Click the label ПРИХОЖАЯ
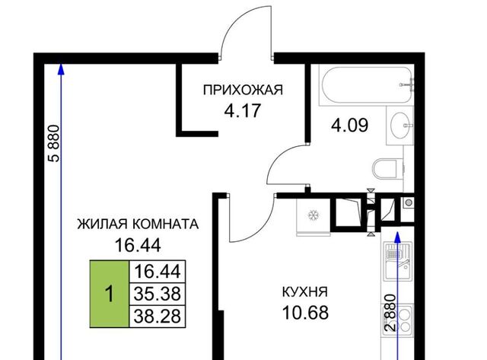click(243, 90)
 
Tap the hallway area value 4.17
click(242, 110)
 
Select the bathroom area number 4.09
click(350, 126)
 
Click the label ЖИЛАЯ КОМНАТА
click(138, 224)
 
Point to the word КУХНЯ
click(305, 292)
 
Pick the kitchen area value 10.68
click(305, 313)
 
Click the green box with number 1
click(110, 294)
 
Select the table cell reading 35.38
click(158, 294)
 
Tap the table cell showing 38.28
click(158, 316)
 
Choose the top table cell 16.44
click(158, 272)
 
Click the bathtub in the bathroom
click(367, 85)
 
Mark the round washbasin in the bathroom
click(399, 125)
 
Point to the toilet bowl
click(387, 169)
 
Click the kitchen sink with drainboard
click(397, 261)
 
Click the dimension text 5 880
click(53, 143)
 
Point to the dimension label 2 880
click(390, 313)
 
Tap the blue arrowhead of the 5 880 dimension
click(61, 69)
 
